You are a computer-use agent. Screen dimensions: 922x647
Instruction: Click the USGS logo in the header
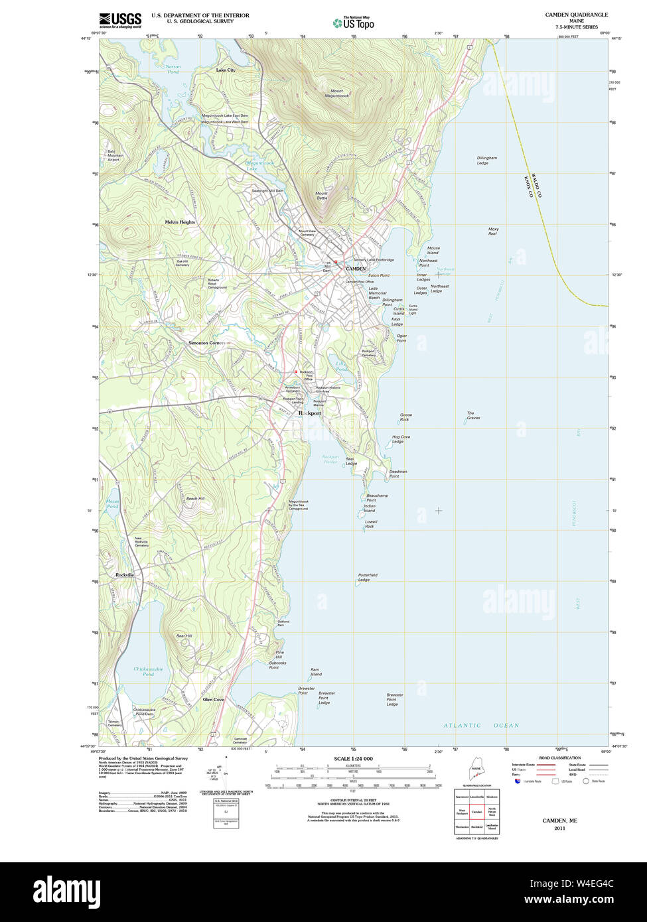[120, 20]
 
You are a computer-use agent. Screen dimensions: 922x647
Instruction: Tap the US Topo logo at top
[354, 23]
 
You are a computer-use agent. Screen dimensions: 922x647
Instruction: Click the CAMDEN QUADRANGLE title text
[576, 15]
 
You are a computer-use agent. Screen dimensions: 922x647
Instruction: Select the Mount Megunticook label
[337, 94]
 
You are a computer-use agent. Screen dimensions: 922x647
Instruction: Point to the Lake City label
[226, 70]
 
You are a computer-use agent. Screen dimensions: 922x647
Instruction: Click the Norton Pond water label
[173, 69]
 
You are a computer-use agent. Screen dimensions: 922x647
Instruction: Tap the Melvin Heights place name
[180, 222]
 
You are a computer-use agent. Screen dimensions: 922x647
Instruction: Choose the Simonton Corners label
[206, 343]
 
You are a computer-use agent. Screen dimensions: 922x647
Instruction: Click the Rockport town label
[309, 413]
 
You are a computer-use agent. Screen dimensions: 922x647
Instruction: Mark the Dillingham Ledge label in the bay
[486, 161]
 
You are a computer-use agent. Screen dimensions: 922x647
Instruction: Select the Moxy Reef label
[493, 231]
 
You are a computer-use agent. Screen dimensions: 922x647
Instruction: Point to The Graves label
[473, 415]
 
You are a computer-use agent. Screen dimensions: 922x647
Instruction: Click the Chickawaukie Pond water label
[148, 671]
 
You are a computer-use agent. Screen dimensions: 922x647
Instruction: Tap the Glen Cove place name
[213, 699]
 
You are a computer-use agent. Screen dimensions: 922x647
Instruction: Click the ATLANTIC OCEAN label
[481, 726]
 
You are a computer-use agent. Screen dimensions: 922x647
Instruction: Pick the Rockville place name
[124, 574]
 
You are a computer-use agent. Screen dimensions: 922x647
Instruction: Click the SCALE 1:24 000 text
[353, 759]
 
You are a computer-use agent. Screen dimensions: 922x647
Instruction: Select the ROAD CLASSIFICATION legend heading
[559, 757]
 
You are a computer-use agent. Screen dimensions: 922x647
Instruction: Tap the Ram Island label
[316, 672]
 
